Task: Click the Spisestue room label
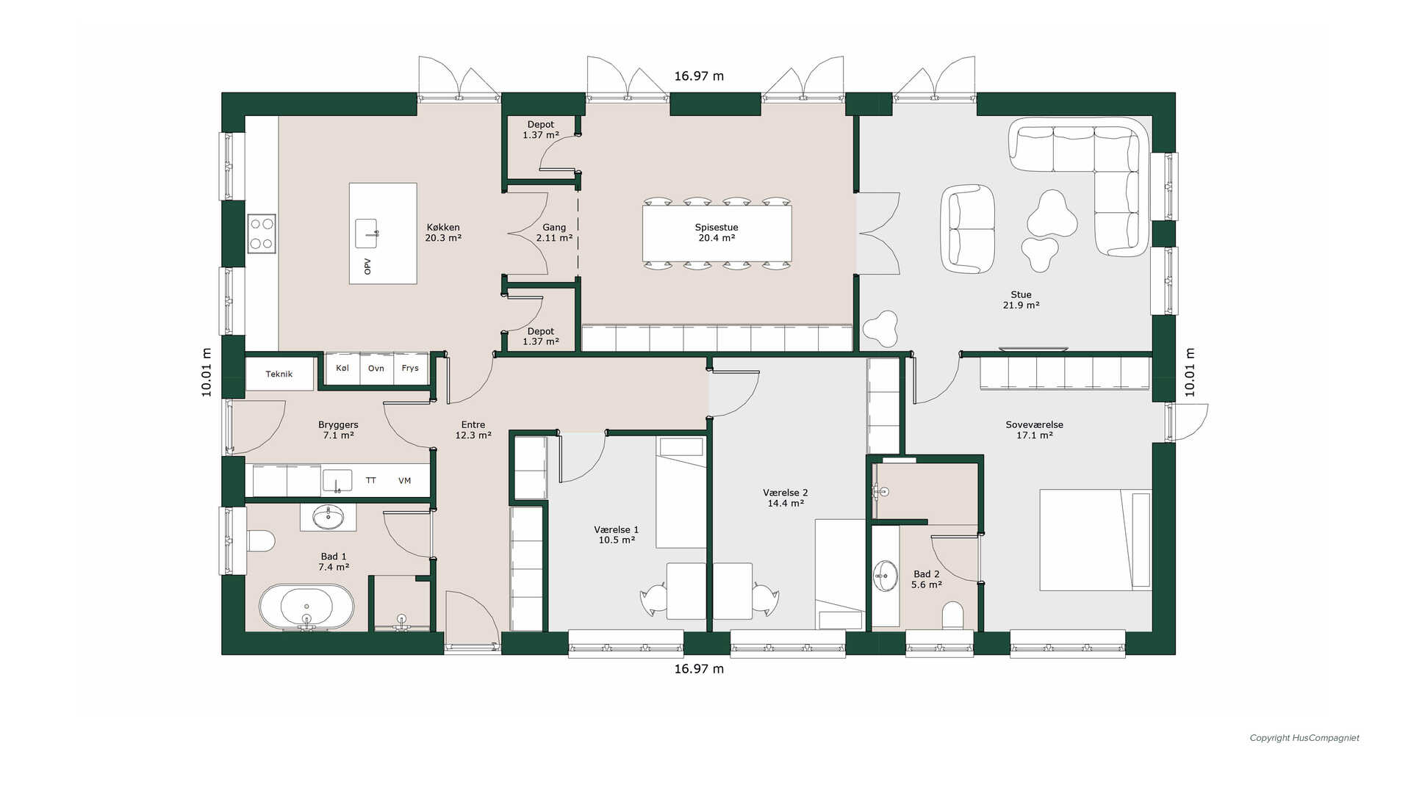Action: click(x=717, y=228)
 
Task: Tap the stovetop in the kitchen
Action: click(x=262, y=233)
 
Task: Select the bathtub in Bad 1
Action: click(x=306, y=608)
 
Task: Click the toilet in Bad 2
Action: click(x=952, y=616)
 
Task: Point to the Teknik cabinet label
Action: click(x=279, y=374)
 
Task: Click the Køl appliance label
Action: click(x=342, y=368)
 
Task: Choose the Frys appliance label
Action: click(x=410, y=369)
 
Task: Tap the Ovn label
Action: click(x=376, y=369)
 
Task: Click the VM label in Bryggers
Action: click(x=404, y=481)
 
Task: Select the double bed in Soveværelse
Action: click(x=1095, y=540)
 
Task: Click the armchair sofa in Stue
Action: click(x=969, y=229)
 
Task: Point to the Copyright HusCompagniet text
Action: click(x=1304, y=738)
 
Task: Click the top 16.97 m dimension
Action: click(x=699, y=76)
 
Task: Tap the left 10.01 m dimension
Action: click(x=207, y=372)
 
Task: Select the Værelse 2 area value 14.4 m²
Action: click(x=786, y=504)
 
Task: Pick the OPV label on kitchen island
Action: click(x=367, y=267)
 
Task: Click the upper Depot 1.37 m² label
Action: click(x=541, y=130)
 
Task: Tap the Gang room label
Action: click(x=554, y=228)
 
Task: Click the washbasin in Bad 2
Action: click(x=886, y=576)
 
